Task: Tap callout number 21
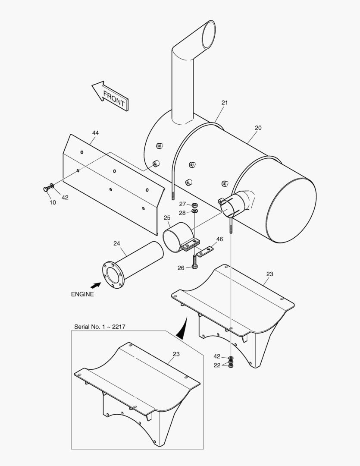click(x=225, y=103)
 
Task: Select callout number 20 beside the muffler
click(x=258, y=128)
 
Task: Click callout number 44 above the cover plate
click(x=95, y=133)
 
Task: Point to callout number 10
click(x=53, y=202)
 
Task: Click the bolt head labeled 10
click(x=46, y=189)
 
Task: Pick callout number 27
click(x=182, y=204)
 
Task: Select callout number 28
click(x=182, y=213)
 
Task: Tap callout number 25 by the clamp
click(x=167, y=217)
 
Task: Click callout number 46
click(x=219, y=239)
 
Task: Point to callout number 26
click(x=181, y=268)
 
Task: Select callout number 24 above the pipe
click(x=117, y=243)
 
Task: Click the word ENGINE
click(x=82, y=294)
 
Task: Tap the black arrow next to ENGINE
click(x=96, y=285)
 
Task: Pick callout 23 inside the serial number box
click(x=176, y=354)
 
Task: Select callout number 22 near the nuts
click(x=217, y=365)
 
